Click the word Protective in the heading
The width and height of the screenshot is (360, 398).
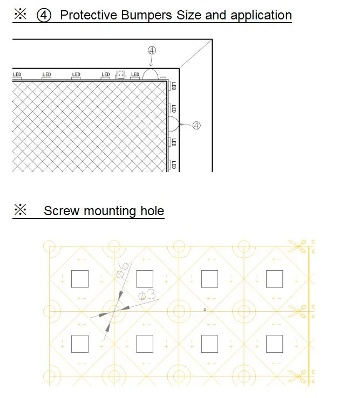[88, 15]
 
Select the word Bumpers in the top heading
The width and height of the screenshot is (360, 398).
[147, 16]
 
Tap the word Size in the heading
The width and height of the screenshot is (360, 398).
[189, 15]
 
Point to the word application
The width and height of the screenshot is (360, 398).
[261, 16]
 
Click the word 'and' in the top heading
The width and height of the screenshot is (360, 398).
[216, 15]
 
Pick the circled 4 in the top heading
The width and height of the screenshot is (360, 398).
[44, 15]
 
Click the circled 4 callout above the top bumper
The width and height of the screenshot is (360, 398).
[152, 51]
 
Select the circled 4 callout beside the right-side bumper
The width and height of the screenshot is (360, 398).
[196, 126]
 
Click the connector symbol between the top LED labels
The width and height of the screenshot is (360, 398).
[120, 75]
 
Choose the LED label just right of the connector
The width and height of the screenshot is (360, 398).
[135, 74]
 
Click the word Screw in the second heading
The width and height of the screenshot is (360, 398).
[62, 211]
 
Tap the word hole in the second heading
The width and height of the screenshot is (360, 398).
[152, 211]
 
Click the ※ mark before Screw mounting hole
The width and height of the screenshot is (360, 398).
[20, 210]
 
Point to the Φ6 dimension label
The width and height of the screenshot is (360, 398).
[123, 270]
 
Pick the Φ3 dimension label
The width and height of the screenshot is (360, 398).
[147, 294]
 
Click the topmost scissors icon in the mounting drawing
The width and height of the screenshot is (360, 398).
[297, 246]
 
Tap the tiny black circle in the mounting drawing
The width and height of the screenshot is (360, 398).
[205, 310]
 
